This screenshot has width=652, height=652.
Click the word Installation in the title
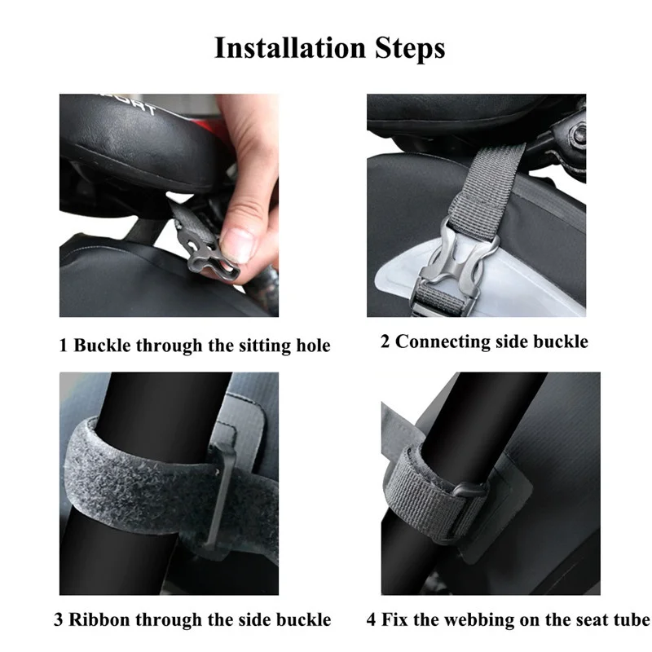pyautogui.click(x=291, y=47)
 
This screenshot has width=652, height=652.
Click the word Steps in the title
pyautogui.click(x=410, y=49)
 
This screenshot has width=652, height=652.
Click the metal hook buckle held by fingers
pyautogui.click(x=207, y=252)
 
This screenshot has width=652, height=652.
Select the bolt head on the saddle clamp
pyautogui.click(x=578, y=134)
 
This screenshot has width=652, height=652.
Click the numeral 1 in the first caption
pyautogui.click(x=64, y=346)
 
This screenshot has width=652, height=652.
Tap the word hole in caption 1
pyautogui.click(x=313, y=345)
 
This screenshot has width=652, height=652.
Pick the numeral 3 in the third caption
pyautogui.click(x=58, y=619)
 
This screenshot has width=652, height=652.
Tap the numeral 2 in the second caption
pyautogui.click(x=385, y=341)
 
